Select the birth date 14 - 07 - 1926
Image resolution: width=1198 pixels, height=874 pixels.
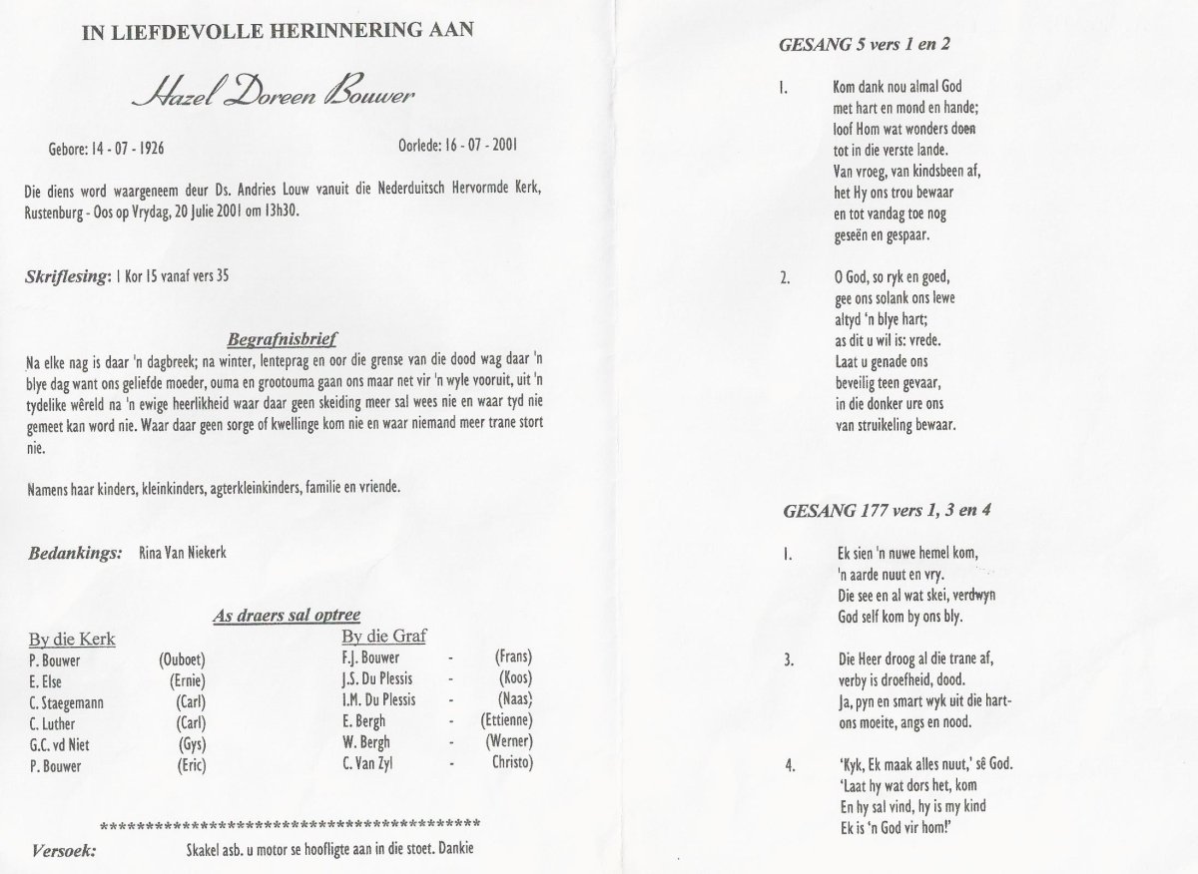point(122,149)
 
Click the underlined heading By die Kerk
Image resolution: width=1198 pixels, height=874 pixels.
point(72,639)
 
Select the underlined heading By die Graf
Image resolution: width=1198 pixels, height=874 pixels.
point(383,636)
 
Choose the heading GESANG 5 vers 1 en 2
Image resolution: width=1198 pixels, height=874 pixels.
point(862,45)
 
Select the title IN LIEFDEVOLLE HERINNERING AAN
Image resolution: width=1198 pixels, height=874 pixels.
point(279,30)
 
